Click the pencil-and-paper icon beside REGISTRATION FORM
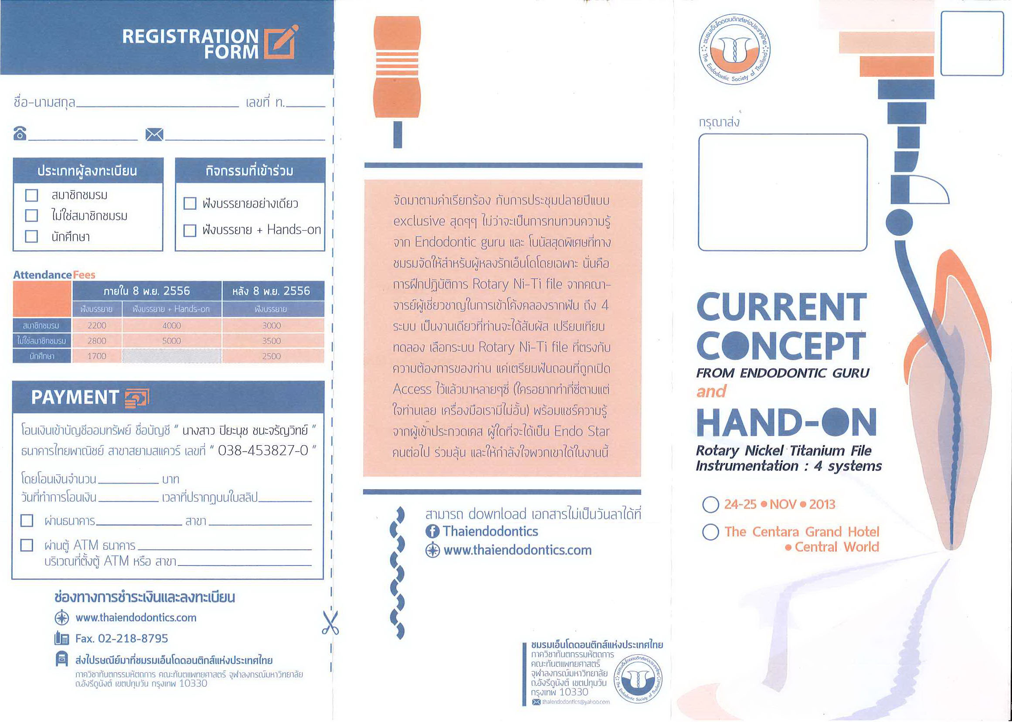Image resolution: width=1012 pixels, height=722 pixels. tap(281, 42)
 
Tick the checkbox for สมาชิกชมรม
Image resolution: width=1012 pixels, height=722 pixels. tap(31, 195)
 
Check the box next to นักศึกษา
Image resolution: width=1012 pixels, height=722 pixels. tap(31, 236)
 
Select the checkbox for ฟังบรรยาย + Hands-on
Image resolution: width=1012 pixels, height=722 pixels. tap(190, 230)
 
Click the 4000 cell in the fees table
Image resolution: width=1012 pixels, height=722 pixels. tap(172, 325)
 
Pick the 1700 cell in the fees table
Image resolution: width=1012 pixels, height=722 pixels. tap(97, 356)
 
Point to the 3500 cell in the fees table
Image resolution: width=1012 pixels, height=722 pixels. tap(272, 341)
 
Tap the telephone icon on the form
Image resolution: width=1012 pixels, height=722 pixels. tap(20, 133)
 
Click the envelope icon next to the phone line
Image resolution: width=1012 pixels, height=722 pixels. tap(154, 134)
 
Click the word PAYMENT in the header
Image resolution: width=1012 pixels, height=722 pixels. tap(75, 397)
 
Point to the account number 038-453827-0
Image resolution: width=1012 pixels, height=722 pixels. tap(263, 450)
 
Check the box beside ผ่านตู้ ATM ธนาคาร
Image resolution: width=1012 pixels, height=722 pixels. tap(27, 545)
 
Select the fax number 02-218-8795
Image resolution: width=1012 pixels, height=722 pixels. tap(133, 638)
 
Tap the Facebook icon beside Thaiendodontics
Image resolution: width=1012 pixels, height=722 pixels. tap(432, 531)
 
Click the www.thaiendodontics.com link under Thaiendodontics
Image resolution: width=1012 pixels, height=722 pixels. tap(518, 550)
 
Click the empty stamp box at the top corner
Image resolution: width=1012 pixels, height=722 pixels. tap(972, 44)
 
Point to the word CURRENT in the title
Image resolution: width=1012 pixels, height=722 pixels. tap(782, 307)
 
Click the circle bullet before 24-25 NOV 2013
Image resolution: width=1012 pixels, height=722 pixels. tap(711, 504)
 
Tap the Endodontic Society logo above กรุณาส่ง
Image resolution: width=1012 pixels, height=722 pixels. tap(735, 49)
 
